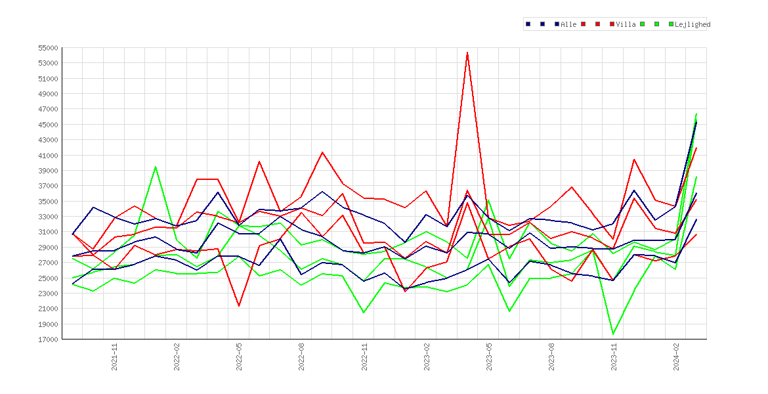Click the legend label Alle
click(x=568, y=24)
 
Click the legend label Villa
click(x=626, y=24)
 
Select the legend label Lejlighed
click(x=693, y=24)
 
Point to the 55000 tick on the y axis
click(x=48, y=48)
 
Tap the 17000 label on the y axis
click(x=48, y=339)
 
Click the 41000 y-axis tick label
click(x=48, y=156)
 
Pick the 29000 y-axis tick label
click(x=48, y=248)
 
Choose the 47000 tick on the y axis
click(x=48, y=109)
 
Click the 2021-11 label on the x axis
click(x=114, y=357)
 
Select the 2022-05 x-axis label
click(x=239, y=357)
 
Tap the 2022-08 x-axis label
click(x=302, y=357)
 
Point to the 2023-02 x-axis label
click(x=427, y=357)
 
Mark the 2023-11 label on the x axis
click(x=614, y=357)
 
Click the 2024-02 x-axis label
click(x=676, y=357)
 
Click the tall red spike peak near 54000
click(x=468, y=52)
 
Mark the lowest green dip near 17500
click(x=613, y=334)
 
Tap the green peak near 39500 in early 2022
click(x=156, y=167)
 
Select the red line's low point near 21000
click(x=239, y=306)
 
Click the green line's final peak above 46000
click(x=696, y=114)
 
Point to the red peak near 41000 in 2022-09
click(x=322, y=152)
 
